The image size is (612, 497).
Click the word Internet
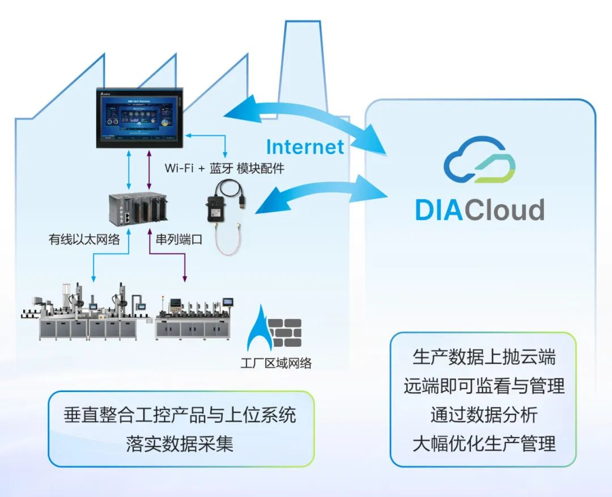pyautogui.click(x=305, y=147)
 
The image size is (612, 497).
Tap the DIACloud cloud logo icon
pyautogui.click(x=479, y=161)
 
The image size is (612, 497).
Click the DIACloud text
pyautogui.click(x=479, y=209)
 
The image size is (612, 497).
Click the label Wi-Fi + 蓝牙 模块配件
pyautogui.click(x=224, y=169)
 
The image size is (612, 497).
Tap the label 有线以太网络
pyautogui.click(x=84, y=240)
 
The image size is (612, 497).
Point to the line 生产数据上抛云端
pyautogui.click(x=484, y=357)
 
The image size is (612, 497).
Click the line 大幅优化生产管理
pyautogui.click(x=484, y=443)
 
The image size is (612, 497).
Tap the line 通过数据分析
pyautogui.click(x=484, y=415)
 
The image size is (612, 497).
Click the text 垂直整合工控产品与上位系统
pyautogui.click(x=180, y=415)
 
